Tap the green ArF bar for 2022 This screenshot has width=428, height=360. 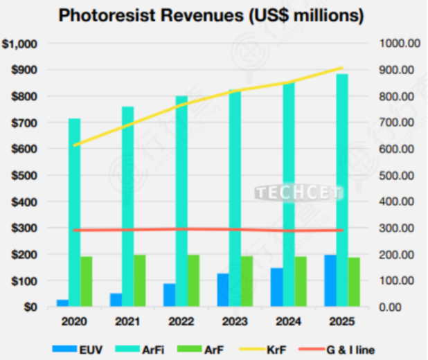coord(193,280)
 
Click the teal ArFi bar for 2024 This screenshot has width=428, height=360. coord(289,195)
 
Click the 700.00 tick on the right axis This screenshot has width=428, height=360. coord(398,123)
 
